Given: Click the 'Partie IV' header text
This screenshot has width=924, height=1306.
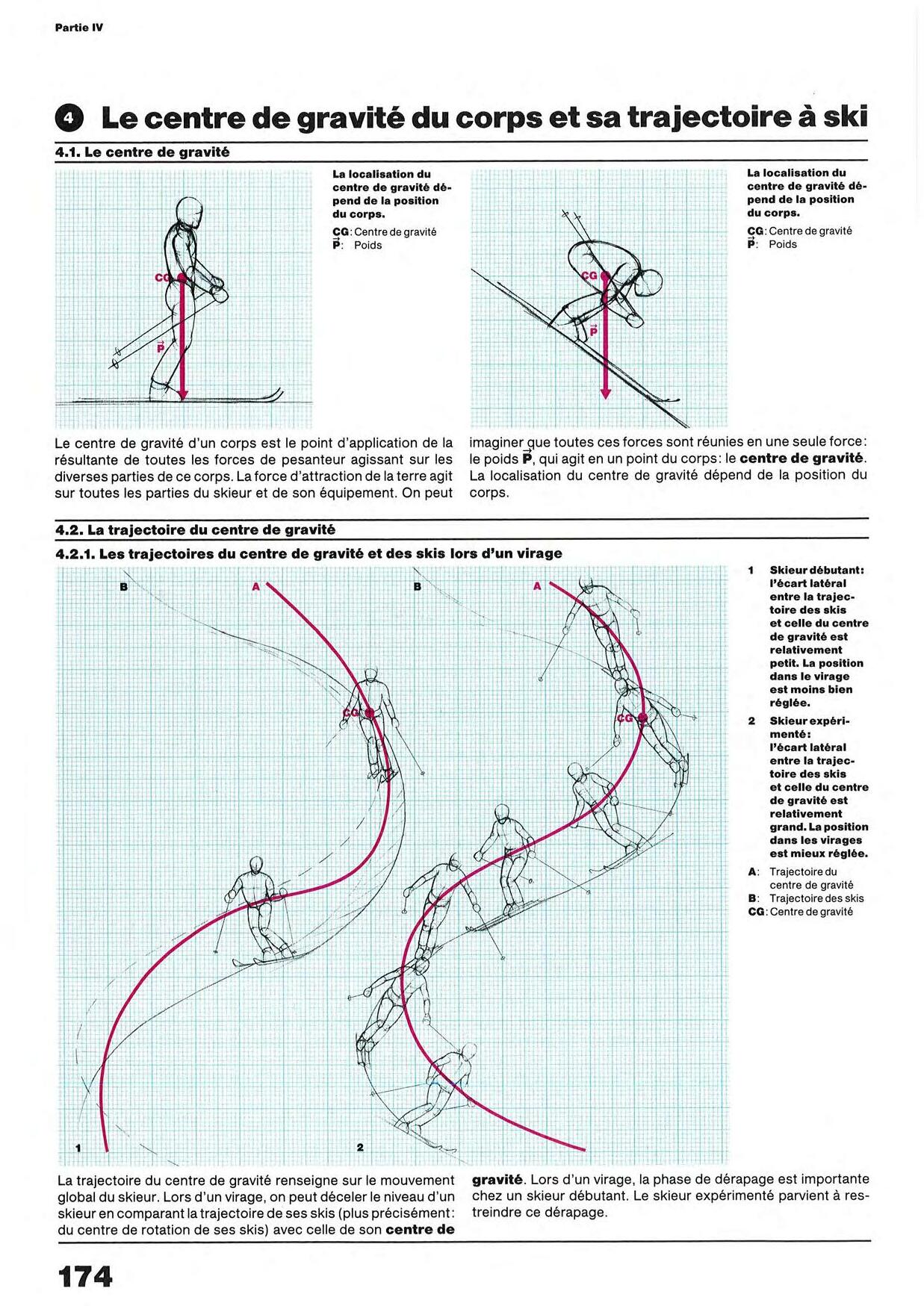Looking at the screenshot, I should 79,28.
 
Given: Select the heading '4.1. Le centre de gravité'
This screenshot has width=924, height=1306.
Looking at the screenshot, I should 143,152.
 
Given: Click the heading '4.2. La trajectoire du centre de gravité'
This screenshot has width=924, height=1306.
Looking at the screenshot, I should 196,530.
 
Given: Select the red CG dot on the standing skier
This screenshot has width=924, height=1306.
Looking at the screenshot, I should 181,278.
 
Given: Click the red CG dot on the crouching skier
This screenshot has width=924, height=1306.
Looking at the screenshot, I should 606,277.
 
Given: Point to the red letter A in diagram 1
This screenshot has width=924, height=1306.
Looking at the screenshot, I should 255,587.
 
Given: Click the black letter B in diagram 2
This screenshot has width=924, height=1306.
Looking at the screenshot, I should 418,587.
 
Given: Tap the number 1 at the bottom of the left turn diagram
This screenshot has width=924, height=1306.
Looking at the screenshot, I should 78,1147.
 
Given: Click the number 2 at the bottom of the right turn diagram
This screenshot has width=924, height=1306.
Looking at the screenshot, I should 360,1147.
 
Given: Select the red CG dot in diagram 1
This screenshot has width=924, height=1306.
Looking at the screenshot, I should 368,712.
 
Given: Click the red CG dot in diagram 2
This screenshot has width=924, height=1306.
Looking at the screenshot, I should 641,718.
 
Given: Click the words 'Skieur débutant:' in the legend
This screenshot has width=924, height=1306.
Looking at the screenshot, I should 817,570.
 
